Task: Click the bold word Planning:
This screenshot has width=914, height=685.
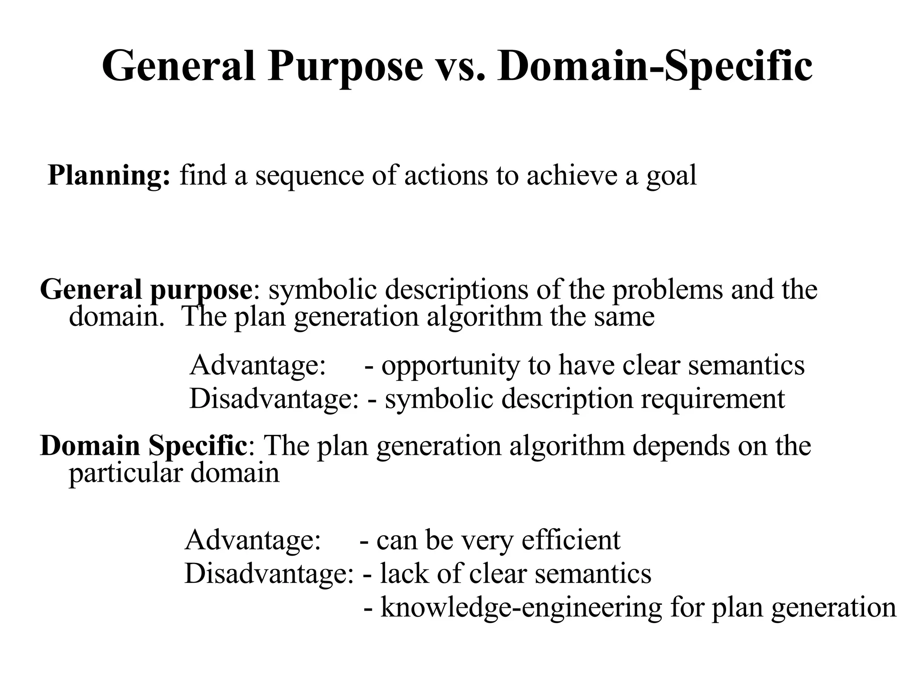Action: click(109, 175)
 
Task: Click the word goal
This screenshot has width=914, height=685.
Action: click(671, 176)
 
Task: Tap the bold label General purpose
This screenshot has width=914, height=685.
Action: click(146, 290)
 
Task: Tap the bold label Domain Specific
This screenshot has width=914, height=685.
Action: click(143, 446)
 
